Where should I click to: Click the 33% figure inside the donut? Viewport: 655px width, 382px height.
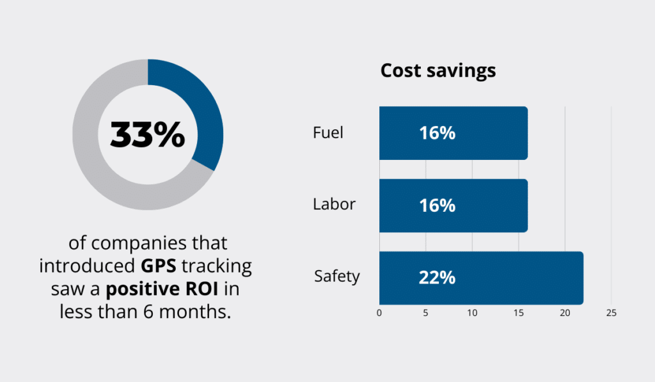(x=148, y=134)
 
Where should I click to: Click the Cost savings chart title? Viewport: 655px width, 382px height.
(x=438, y=70)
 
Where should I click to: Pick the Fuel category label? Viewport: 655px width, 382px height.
(x=328, y=132)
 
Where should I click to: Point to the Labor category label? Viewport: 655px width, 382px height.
(x=334, y=205)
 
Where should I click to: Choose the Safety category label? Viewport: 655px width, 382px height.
(x=337, y=276)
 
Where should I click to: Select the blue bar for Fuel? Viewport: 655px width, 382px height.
(x=486, y=133)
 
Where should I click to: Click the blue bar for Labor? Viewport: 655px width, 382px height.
(x=486, y=205)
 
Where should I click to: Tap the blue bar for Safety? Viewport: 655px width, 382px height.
(x=512, y=278)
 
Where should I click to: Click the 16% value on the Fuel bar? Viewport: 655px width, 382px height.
(x=437, y=133)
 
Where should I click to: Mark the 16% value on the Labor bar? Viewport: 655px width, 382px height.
(x=437, y=205)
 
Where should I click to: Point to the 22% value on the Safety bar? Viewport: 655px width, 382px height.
(x=437, y=278)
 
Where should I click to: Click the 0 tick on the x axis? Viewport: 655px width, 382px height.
(x=379, y=314)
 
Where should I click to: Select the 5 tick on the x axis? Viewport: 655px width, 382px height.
(x=425, y=314)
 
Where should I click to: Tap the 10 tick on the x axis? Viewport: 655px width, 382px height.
(x=472, y=314)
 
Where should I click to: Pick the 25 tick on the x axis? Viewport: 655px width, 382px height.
(x=611, y=314)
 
